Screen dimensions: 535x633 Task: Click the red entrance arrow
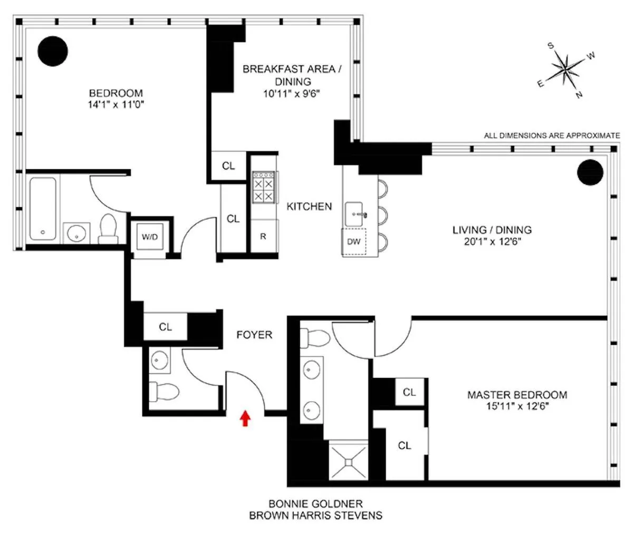coord(244,418)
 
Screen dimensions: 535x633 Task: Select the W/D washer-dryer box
coord(149,237)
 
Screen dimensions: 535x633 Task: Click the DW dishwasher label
coord(353,241)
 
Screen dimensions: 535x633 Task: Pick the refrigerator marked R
coord(263,237)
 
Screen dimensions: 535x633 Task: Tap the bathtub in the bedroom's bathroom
coord(43,209)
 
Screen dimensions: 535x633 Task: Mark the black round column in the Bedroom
coord(53,51)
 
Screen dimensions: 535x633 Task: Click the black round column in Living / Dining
coord(590,172)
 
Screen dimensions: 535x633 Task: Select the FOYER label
coord(254,335)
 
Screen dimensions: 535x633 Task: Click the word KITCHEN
coord(309,207)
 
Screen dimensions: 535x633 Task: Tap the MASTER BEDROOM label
coord(517,395)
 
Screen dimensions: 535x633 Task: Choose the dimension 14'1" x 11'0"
coord(116,105)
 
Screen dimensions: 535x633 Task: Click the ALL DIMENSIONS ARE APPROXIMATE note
coord(552,135)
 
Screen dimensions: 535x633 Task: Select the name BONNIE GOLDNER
coord(315,504)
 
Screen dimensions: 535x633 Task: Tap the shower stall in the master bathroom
coord(349,461)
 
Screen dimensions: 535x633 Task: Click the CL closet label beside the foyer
coord(166,327)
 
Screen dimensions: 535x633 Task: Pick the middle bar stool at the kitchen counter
coord(382,215)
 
